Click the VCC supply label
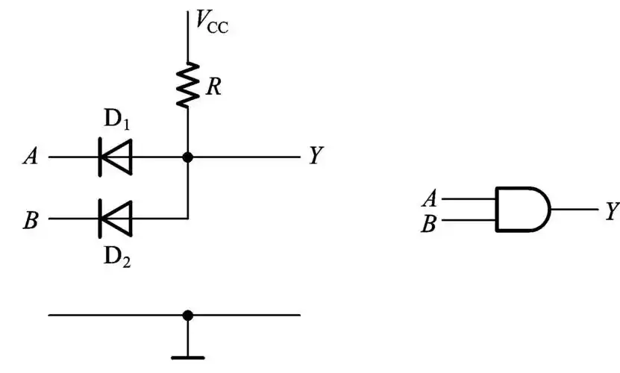211,23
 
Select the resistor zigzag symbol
187,84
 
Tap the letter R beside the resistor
213,87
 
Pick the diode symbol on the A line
116,157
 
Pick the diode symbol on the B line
116,219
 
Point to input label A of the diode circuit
31,157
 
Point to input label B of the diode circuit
31,220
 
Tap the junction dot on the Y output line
187,157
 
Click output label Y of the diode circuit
316,157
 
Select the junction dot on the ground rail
187,315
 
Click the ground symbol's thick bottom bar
187,357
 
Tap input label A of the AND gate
429,198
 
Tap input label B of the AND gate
429,222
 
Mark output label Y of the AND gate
611,210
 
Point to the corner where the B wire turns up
187,219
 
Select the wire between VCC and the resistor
187,37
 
